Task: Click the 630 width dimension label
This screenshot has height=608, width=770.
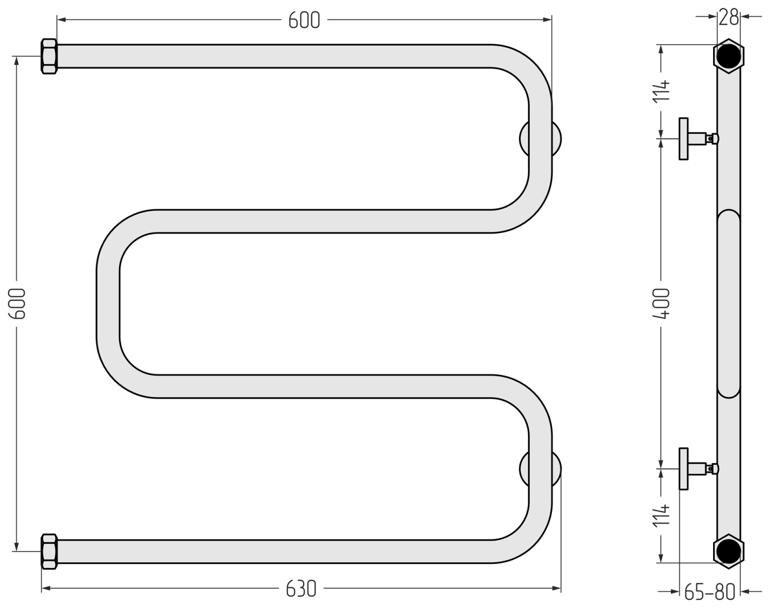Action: point(301,588)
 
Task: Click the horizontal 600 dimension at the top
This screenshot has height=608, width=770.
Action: point(304,21)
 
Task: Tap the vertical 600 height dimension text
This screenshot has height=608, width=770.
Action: point(17,303)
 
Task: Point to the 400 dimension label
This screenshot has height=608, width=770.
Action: point(661,303)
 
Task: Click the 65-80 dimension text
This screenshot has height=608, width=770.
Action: point(709,593)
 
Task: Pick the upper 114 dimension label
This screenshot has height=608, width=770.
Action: point(661,92)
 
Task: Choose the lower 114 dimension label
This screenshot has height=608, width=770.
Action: point(661,516)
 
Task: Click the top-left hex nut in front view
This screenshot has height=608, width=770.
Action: point(49,56)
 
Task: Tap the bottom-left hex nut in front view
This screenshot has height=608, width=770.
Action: point(49,552)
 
